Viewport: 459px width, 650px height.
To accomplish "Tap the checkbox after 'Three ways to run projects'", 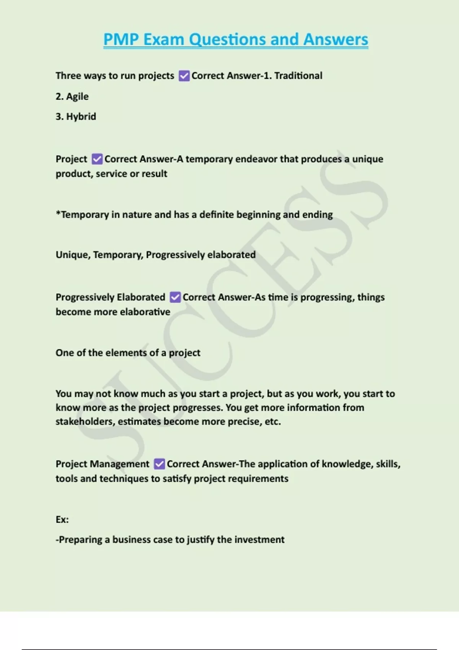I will [184, 76].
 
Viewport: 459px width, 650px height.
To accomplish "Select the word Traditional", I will [298, 76].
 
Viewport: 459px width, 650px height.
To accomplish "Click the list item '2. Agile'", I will [72, 96].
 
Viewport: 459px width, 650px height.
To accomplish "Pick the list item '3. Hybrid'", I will [76, 117].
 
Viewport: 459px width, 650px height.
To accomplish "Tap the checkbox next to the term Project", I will [97, 159].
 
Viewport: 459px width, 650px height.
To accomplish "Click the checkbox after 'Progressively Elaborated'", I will [175, 297].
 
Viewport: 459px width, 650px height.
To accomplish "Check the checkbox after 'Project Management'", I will [159, 464].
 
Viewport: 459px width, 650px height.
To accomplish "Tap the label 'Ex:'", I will [62, 520].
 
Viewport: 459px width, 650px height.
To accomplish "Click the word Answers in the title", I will [335, 39].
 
